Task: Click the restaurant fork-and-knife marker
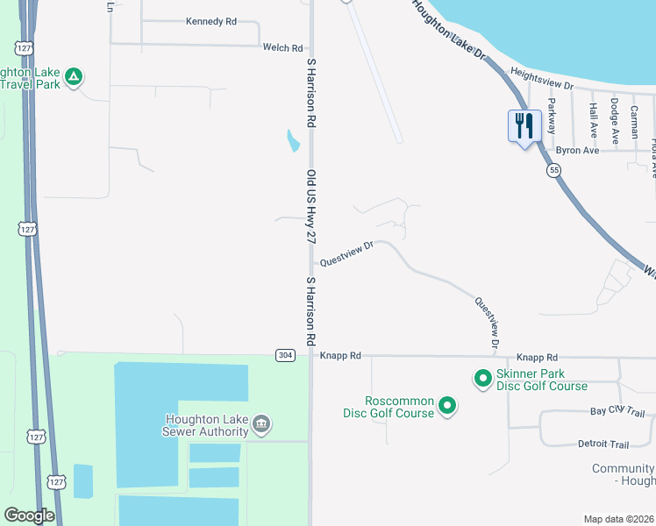coord(524,125)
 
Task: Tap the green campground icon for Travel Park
coord(75,77)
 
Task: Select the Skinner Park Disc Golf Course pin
coord(482,379)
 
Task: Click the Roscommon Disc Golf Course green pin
coord(447,406)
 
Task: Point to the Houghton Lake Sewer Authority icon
coord(261,424)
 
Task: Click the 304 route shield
coord(285,355)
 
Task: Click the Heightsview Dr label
coord(541,80)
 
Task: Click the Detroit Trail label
coord(604,444)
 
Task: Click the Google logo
coord(29,515)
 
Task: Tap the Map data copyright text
coord(619,519)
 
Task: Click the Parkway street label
coord(552,114)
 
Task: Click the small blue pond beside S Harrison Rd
coord(291,140)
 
